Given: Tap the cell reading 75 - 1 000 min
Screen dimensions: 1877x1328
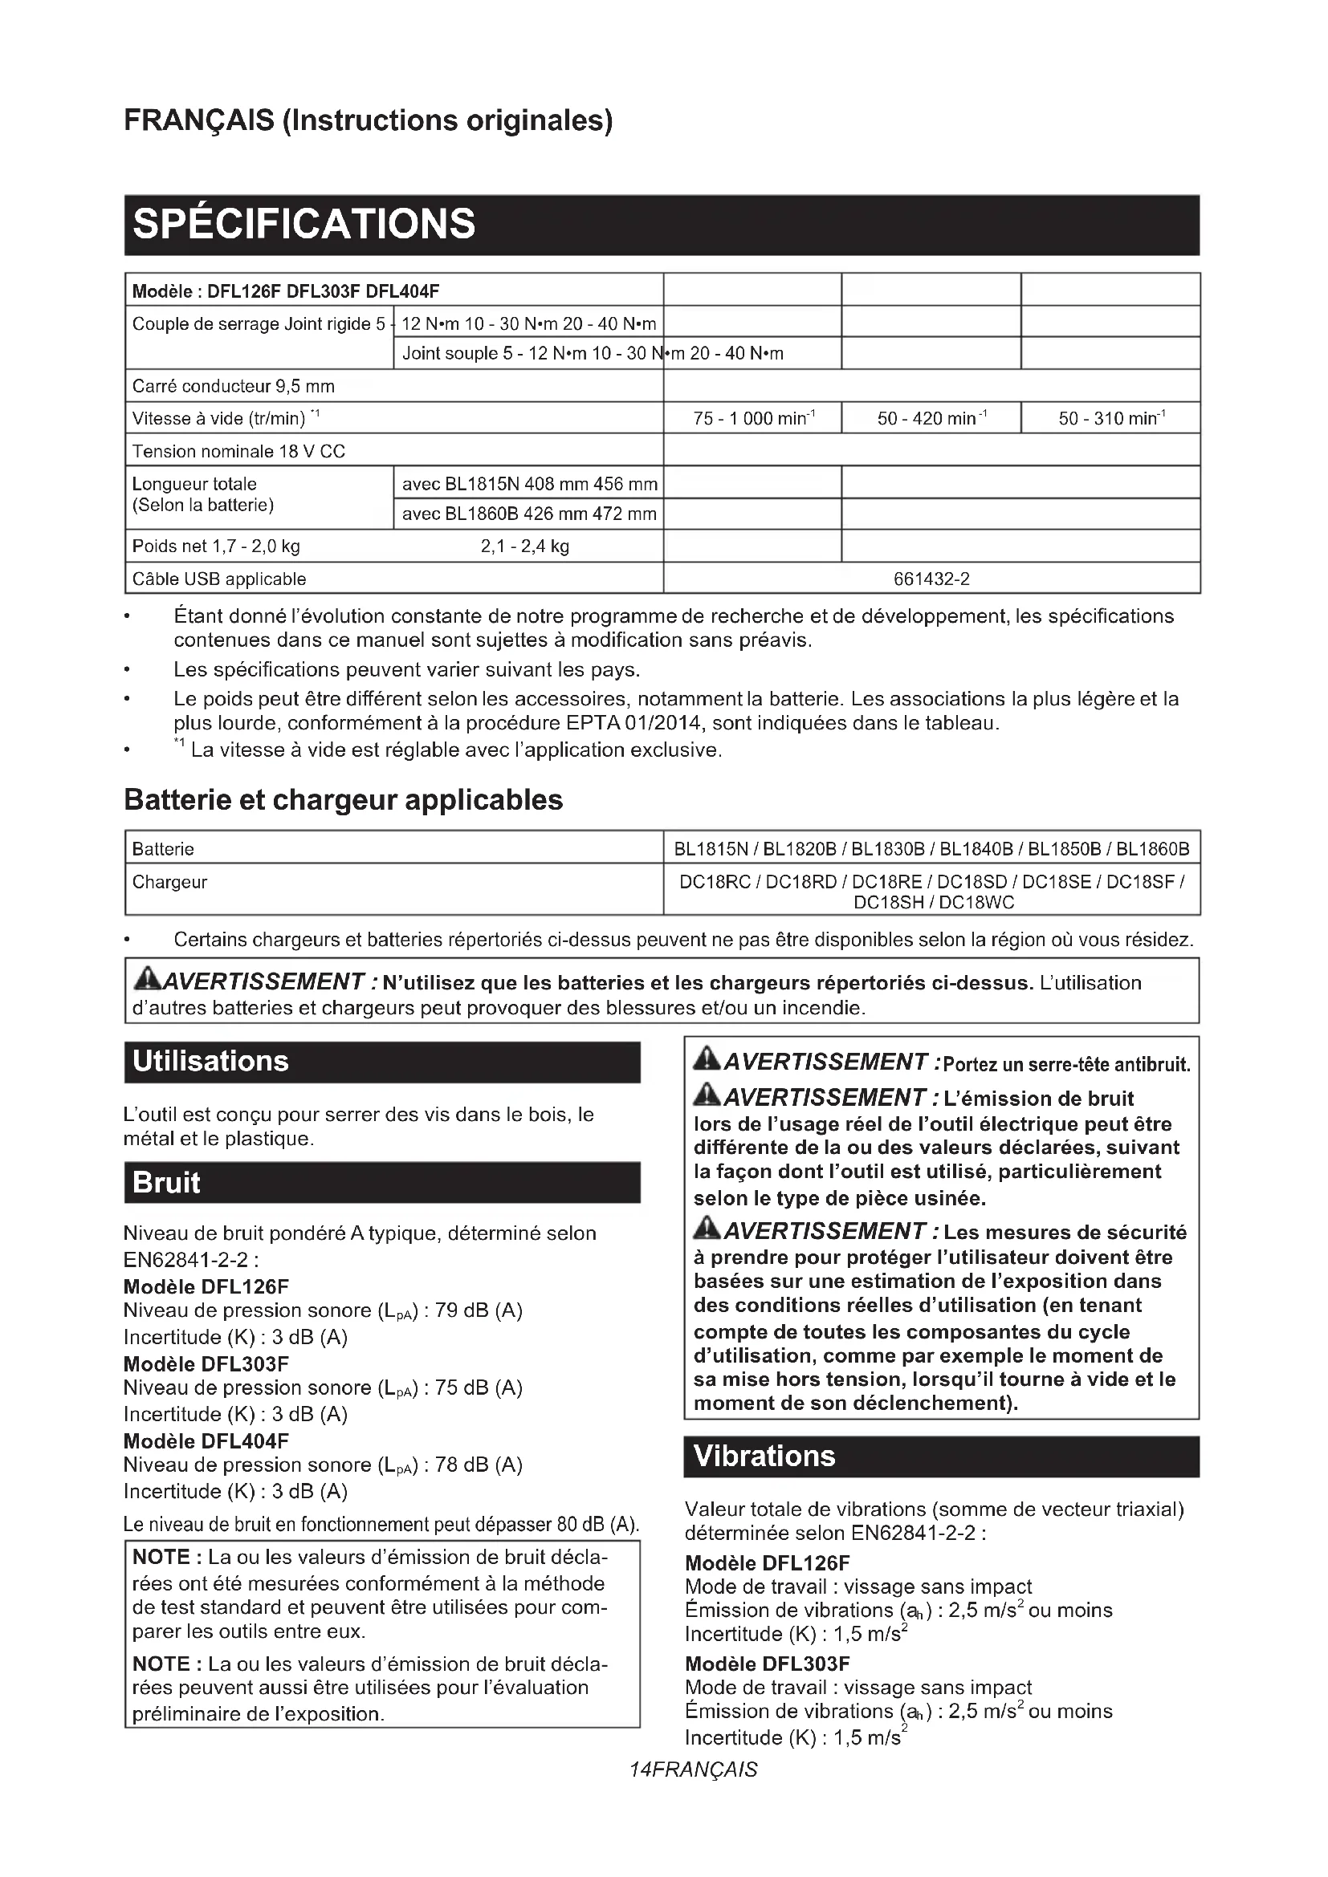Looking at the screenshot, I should click(752, 419).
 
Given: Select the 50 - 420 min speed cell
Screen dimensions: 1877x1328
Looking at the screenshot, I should click(931, 419).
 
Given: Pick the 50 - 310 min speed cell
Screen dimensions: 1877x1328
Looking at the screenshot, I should click(1111, 419).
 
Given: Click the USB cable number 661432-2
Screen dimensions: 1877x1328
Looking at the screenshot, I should click(931, 579).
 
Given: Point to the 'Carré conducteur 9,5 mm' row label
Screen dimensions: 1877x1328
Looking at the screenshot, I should click(233, 386).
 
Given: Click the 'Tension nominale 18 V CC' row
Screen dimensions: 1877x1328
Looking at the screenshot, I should click(238, 451).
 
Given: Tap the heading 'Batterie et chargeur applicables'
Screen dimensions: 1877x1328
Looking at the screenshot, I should click(344, 799).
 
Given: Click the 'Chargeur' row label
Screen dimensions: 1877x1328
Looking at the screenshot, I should click(170, 882).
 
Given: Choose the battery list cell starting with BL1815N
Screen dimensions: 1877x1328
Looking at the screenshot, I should click(931, 848).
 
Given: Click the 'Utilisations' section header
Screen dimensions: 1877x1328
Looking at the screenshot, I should click(211, 1061).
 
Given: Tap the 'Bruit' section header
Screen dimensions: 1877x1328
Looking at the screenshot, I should click(167, 1182).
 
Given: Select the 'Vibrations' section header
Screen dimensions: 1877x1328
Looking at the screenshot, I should click(764, 1456).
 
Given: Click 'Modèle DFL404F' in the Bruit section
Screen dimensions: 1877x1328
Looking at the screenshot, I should click(206, 1440).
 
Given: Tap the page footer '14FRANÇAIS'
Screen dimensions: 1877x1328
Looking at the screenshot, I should click(694, 1770).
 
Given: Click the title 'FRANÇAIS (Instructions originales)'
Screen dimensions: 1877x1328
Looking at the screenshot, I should click(368, 120).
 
